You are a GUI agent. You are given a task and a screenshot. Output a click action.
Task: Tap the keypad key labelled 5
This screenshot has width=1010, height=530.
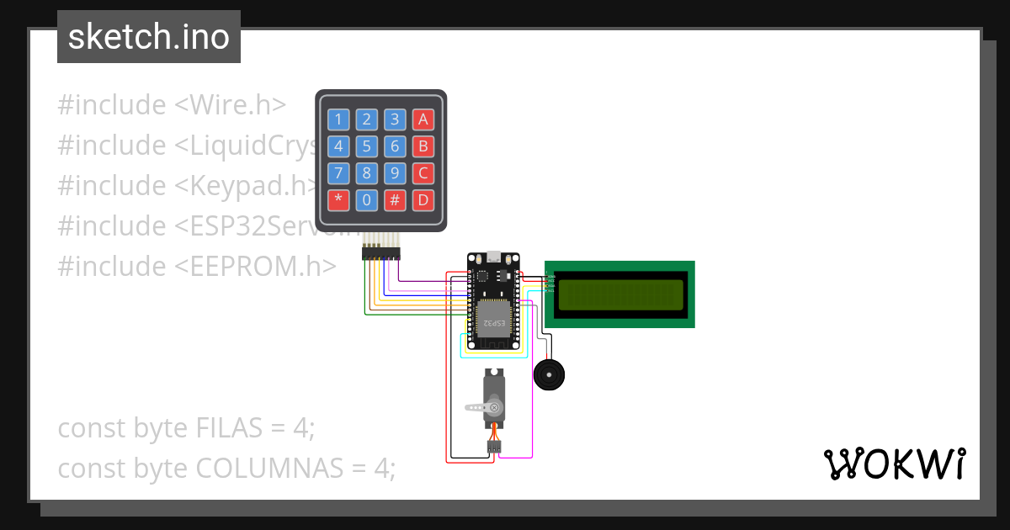366,146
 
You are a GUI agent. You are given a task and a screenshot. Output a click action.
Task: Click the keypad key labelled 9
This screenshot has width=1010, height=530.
395,174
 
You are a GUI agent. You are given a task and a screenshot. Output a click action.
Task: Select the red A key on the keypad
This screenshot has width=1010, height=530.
423,119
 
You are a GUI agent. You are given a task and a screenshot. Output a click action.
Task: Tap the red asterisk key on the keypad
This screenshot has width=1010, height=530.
338,201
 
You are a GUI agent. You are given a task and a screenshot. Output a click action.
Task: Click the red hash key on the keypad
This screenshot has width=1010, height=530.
395,201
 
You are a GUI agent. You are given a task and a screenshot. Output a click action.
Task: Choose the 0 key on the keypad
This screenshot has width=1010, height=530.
366,201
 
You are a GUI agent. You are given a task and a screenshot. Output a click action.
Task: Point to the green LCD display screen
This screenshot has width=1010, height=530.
620,294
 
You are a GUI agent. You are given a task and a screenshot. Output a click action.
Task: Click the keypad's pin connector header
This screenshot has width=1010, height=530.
381,253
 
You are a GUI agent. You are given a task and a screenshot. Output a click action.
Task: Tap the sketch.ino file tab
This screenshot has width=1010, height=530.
149,37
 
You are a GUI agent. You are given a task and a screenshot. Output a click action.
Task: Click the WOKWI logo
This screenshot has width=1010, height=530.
893,464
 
